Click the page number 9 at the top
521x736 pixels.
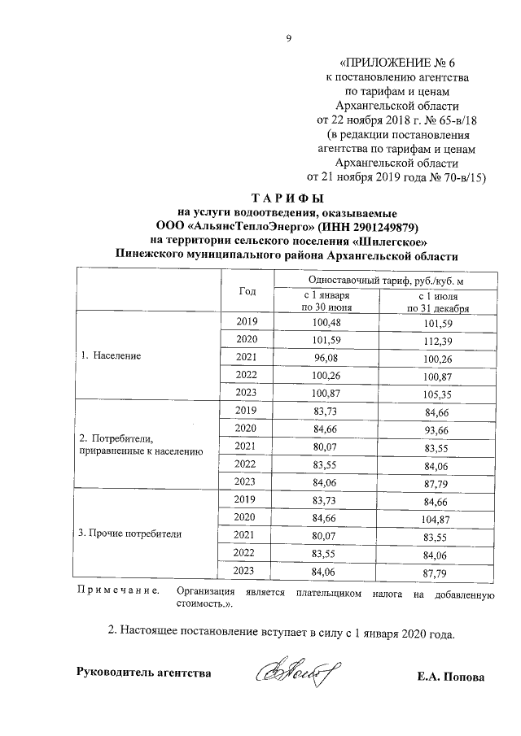pyautogui.click(x=287, y=38)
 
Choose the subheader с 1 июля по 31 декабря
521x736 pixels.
pyautogui.click(x=437, y=302)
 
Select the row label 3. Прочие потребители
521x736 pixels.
pyautogui.click(x=129, y=534)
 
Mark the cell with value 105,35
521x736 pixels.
pyautogui.click(x=437, y=392)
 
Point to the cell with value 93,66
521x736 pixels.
pyautogui.click(x=437, y=429)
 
